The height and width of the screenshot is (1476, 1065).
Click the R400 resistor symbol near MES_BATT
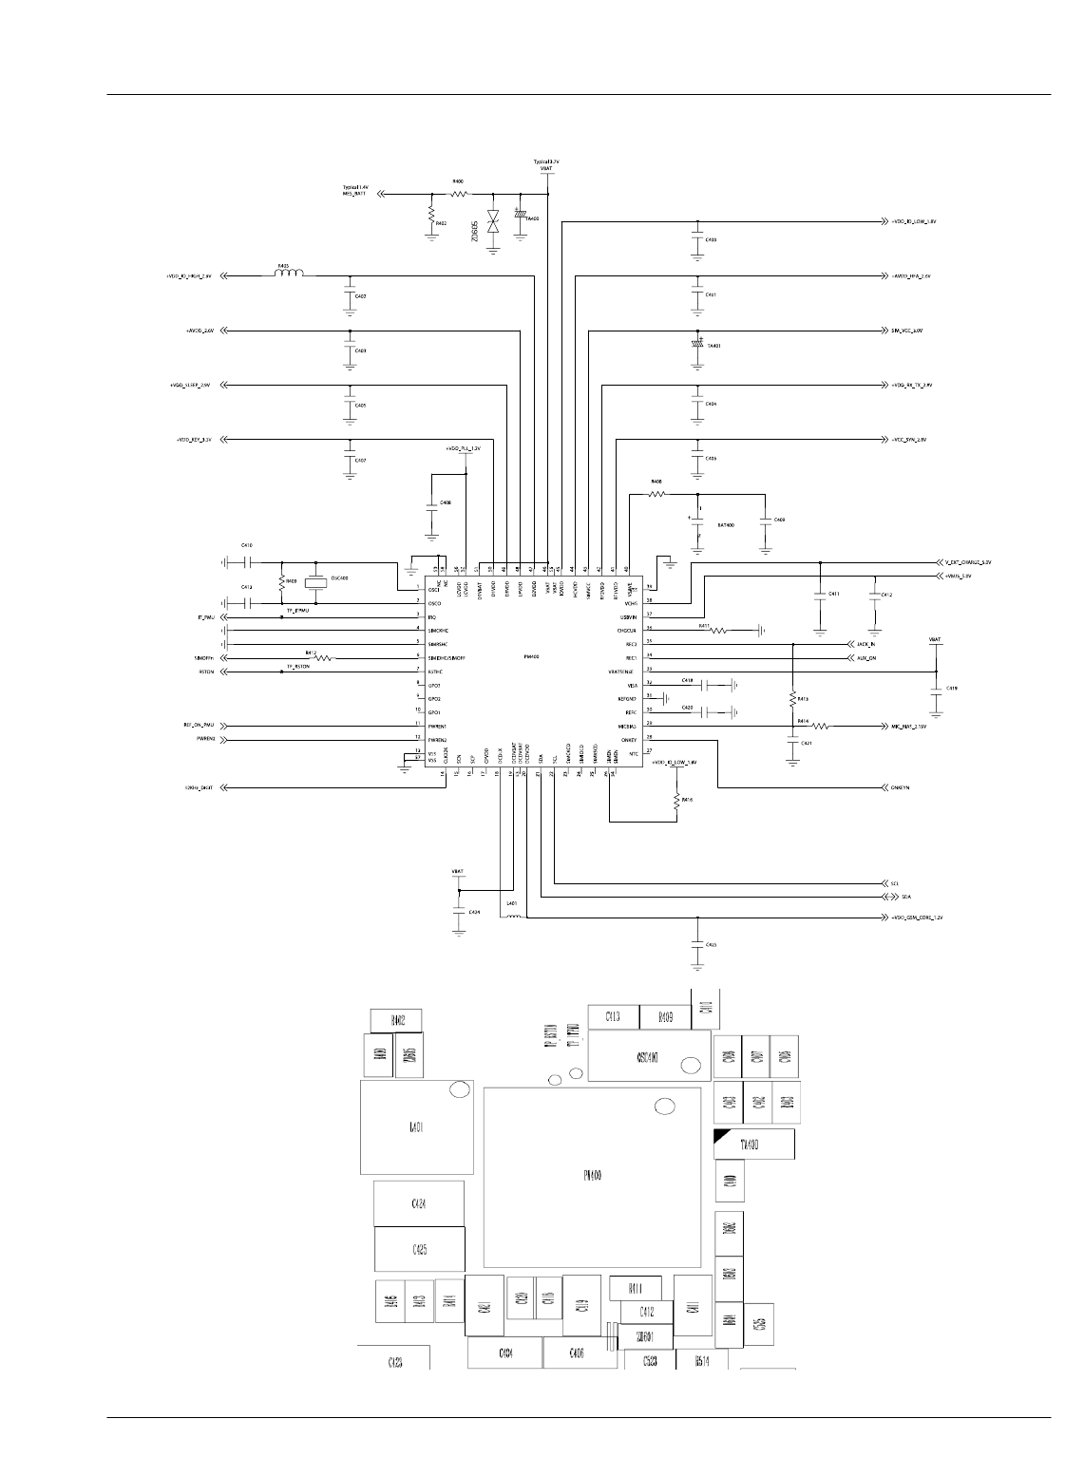(x=458, y=194)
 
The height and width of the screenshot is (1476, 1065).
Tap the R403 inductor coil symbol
(x=289, y=275)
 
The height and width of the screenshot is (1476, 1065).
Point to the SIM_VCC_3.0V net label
(x=907, y=331)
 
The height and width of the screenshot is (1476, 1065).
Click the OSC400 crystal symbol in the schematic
(x=314, y=582)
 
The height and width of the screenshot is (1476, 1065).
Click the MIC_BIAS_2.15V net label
(x=907, y=727)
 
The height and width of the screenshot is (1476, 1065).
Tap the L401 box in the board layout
(x=417, y=1127)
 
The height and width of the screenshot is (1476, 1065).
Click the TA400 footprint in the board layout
(x=754, y=1145)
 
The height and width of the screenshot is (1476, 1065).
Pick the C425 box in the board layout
(x=419, y=1250)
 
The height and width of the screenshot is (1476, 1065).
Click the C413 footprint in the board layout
(x=613, y=1017)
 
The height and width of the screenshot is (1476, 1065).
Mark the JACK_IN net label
(x=865, y=644)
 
